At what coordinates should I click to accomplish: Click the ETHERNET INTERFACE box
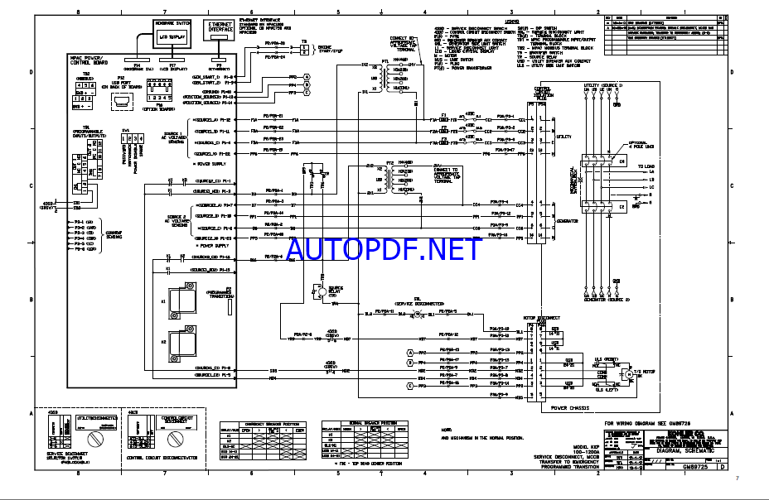pyautogui.click(x=220, y=29)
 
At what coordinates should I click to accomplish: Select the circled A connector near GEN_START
pyautogui.click(x=306, y=76)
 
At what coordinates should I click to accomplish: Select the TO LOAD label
pyautogui.click(x=646, y=166)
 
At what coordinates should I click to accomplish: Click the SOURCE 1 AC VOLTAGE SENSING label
pyautogui.click(x=175, y=136)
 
